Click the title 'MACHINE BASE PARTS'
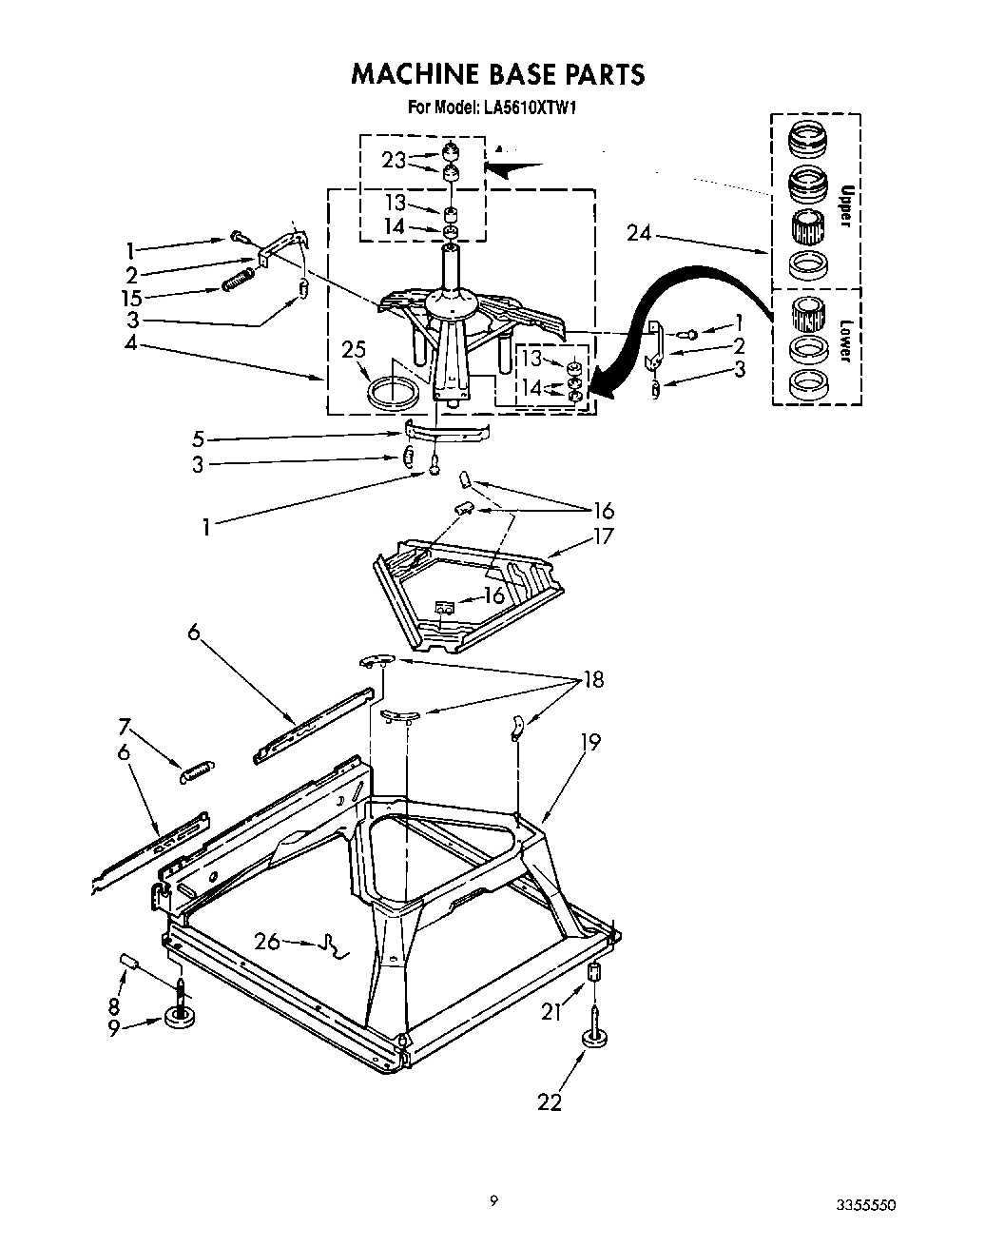(x=497, y=74)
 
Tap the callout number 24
(x=639, y=231)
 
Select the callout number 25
(x=354, y=351)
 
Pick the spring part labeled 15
(x=238, y=282)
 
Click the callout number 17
(x=603, y=536)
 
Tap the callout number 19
(x=590, y=742)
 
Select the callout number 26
(x=268, y=941)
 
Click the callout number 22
(x=550, y=1101)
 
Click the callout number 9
(x=114, y=1028)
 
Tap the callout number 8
(x=113, y=1005)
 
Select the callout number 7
(x=125, y=728)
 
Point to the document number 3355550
(x=865, y=1204)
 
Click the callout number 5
(x=198, y=438)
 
